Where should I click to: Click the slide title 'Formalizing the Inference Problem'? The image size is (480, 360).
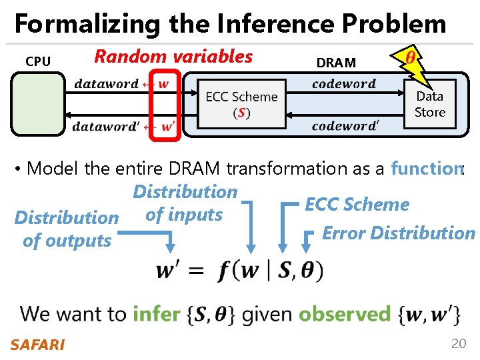click(230, 24)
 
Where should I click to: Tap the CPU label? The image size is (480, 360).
click(38, 62)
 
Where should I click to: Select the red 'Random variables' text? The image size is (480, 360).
click(173, 57)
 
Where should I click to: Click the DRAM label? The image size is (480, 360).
click(336, 63)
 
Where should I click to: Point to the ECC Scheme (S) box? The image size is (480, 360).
click(241, 103)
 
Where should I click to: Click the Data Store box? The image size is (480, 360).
click(429, 104)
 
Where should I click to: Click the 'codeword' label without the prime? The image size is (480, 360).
click(343, 84)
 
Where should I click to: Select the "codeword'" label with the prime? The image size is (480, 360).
click(345, 126)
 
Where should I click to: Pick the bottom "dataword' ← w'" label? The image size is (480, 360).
click(123, 127)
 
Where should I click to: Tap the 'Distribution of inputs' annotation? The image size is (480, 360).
click(185, 203)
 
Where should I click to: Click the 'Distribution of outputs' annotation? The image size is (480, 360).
click(67, 229)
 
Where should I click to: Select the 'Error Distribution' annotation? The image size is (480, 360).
click(398, 233)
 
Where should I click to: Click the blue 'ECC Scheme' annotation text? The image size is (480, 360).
click(357, 205)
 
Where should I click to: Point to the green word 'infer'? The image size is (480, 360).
click(156, 313)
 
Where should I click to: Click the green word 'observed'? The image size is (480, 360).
click(344, 313)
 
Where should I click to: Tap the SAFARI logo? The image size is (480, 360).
click(37, 345)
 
